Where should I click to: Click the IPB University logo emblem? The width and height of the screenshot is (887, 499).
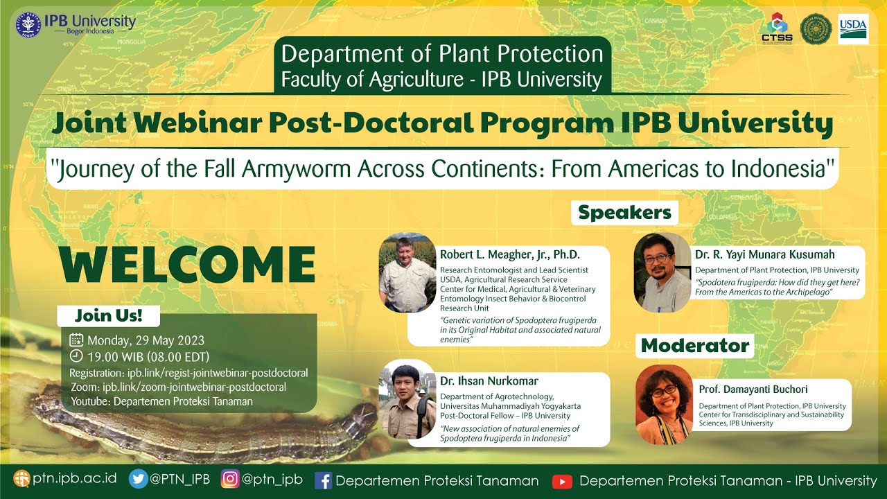pos(29,24)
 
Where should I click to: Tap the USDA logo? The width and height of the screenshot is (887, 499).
pos(853,28)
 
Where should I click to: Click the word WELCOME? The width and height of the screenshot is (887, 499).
pos(187,265)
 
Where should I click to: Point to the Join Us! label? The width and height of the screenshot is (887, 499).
pos(108,316)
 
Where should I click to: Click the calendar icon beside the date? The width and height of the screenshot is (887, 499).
pos(76,340)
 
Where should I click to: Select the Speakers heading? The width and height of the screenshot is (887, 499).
pos(624,213)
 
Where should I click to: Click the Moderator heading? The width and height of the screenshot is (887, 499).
pos(695,345)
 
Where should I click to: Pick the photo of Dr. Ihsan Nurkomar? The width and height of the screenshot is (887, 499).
pos(407,399)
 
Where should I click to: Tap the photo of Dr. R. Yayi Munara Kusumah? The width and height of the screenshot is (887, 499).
pos(662,272)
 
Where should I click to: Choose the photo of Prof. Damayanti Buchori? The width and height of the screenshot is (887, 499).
pos(664,405)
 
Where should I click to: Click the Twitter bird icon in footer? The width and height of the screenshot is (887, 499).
pos(139,480)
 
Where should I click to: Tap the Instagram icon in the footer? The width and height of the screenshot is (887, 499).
pos(230,480)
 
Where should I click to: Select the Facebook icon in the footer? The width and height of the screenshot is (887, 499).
pos(323,480)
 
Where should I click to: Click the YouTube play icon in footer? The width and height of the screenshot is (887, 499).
pos(562,481)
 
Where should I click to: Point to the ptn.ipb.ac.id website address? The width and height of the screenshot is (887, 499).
pos(74,480)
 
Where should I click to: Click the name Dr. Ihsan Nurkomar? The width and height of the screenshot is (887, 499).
pos(489,381)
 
